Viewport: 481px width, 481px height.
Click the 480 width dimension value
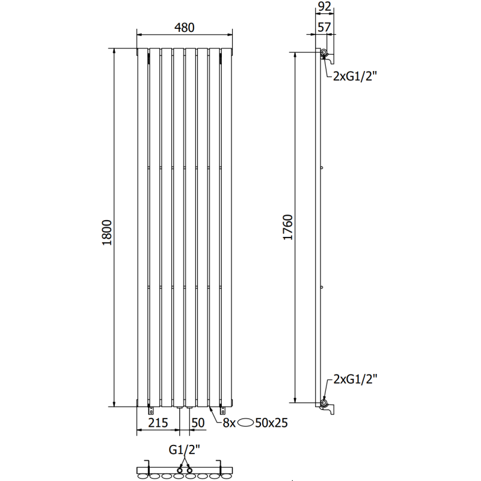pos(185,28)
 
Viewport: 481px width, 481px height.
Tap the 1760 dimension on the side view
pos(287,227)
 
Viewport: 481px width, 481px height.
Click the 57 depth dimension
pos(324,26)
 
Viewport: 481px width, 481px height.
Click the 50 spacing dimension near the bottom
pos(197,423)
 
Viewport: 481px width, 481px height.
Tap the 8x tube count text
pos(229,423)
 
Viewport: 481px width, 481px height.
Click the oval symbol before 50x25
pos(248,423)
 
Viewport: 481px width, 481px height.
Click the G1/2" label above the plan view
pos(184,449)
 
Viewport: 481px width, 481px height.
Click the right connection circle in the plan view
pos(189,468)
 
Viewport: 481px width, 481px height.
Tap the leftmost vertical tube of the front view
pos(142,228)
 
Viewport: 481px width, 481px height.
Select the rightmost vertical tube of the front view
pos(227,228)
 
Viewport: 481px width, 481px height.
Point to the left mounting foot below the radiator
pos(150,411)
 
